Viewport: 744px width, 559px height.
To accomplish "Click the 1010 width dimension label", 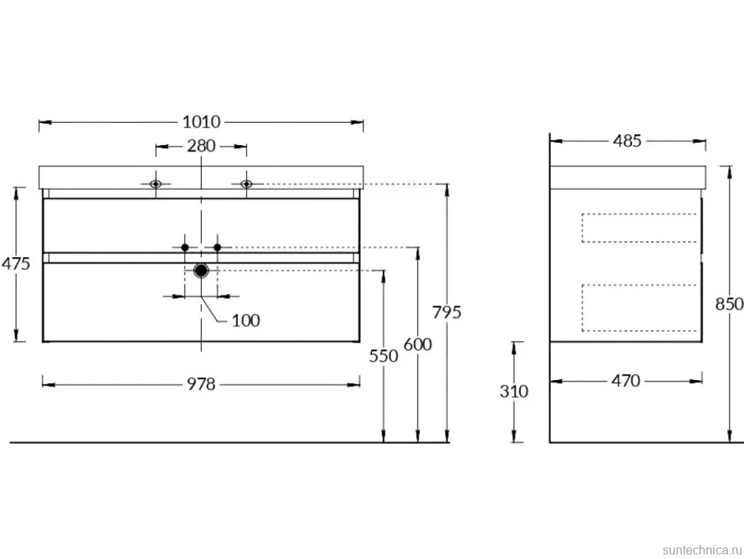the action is (x=202, y=122).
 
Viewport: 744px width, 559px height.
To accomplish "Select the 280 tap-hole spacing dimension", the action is (x=201, y=146).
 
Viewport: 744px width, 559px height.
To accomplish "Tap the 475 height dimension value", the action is (x=15, y=263).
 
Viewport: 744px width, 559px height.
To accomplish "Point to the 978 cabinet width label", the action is (x=201, y=384).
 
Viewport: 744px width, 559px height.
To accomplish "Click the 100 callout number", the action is (x=245, y=321).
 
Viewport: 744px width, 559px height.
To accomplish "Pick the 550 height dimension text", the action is (x=384, y=356).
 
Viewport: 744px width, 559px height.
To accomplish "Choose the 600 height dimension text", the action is (x=417, y=344).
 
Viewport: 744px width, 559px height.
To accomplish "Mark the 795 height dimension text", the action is (x=447, y=312).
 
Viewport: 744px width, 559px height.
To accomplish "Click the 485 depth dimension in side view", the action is (x=627, y=141).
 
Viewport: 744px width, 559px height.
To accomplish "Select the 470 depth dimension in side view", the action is (x=626, y=381).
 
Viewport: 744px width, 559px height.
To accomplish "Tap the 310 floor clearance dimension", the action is (x=514, y=392).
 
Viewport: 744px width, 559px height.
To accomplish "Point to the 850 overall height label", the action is (x=729, y=304).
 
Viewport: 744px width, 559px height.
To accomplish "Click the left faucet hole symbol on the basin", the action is (x=156, y=184).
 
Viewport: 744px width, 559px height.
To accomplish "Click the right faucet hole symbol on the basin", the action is (x=246, y=184).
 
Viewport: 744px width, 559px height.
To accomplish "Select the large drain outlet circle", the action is (x=201, y=271).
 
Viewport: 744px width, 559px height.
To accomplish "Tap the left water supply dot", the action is (x=185, y=247).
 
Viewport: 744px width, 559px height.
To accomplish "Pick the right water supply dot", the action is (x=217, y=247).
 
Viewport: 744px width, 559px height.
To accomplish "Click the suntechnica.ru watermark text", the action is (x=702, y=550).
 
